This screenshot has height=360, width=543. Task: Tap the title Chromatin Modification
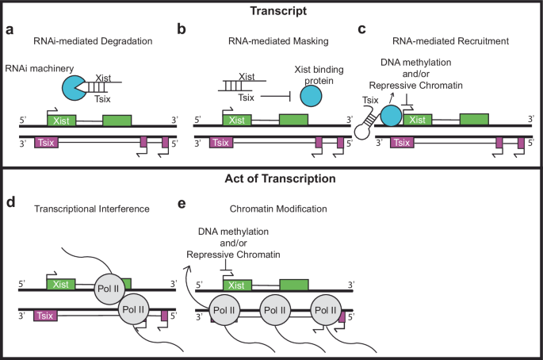[258, 209]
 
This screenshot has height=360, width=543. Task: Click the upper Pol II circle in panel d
[110, 286]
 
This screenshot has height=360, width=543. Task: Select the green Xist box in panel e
[233, 284]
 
